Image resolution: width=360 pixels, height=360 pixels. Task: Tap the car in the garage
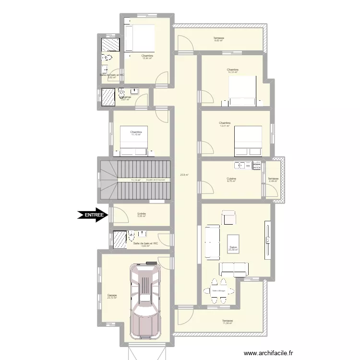145,300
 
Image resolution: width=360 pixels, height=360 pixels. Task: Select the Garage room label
112,295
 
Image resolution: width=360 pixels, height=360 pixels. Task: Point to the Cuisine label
231,179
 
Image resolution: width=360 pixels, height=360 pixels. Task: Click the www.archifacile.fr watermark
268,353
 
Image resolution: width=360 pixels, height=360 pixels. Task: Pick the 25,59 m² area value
233,250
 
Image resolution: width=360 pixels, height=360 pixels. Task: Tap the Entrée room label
141,214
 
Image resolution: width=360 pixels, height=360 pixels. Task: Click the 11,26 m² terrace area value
227,323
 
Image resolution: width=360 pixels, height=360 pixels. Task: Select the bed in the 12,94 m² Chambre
139,38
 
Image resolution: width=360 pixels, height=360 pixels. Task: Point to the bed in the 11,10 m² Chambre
133,141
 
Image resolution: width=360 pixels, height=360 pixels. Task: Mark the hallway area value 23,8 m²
185,175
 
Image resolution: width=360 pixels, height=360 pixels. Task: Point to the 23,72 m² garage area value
112,298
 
